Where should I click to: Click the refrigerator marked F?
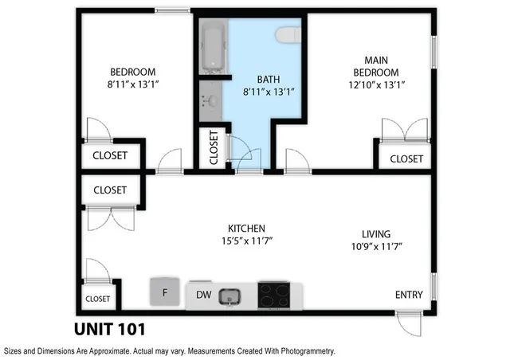click(x=165, y=292)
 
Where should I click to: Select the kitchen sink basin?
click(x=232, y=296)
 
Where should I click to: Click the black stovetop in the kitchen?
click(x=276, y=295)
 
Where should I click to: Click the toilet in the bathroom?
click(x=288, y=34)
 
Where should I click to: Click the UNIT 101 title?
click(x=109, y=328)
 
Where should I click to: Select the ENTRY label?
click(x=409, y=295)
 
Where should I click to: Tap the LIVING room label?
click(x=375, y=233)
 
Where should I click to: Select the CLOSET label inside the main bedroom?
click(x=406, y=158)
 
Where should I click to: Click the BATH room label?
click(x=269, y=79)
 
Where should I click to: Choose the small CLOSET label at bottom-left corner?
click(x=97, y=299)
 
